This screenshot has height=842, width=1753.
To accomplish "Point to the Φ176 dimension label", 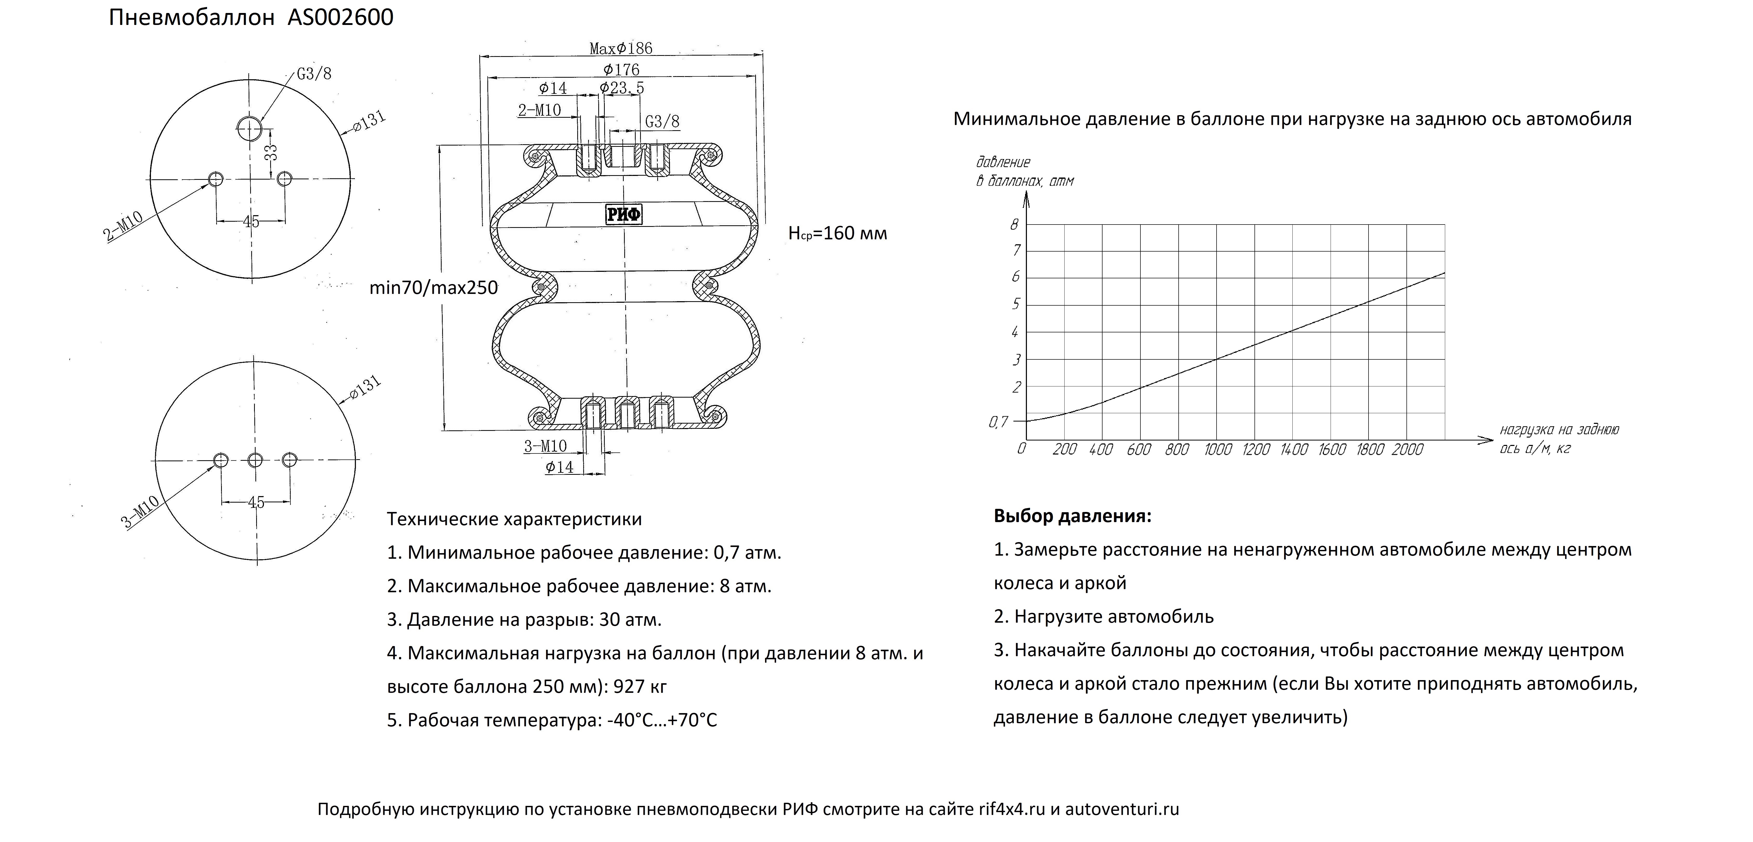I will [x=621, y=69].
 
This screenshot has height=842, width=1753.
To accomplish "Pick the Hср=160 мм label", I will [x=838, y=233].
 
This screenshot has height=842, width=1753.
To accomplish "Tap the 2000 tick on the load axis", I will [x=1407, y=449].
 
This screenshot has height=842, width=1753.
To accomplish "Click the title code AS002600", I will [x=340, y=17].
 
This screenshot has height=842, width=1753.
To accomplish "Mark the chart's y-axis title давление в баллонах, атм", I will [x=1024, y=172].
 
